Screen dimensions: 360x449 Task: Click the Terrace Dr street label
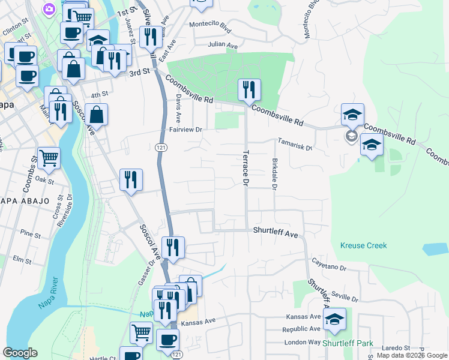pos(245,167)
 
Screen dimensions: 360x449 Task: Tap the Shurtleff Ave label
pos(276,231)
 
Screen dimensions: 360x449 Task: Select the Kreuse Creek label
pos(363,245)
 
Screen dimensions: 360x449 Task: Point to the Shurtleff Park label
pos(348,344)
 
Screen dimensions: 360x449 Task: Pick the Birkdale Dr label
pos(274,175)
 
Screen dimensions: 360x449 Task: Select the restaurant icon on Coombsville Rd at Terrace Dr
pos(249,90)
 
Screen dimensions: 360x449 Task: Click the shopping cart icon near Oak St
pos(49,158)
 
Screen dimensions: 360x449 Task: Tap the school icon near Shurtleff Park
pos(334,319)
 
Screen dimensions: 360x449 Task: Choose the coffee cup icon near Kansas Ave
pos(167,339)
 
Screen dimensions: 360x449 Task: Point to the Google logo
pos(20,353)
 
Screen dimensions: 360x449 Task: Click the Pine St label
pos(29,232)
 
